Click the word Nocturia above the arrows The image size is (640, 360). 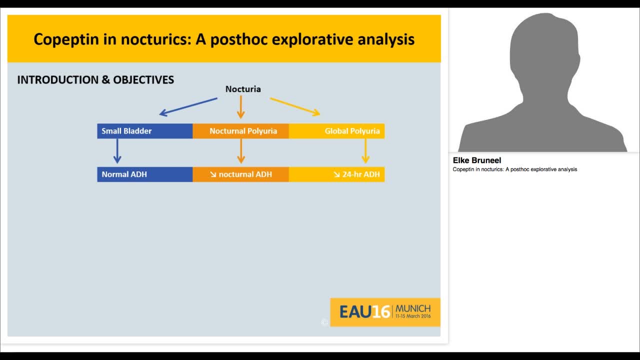243,89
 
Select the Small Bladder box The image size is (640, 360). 144,131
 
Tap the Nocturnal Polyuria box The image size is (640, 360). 241,131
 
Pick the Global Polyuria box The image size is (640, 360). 337,131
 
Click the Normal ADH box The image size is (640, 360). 144,174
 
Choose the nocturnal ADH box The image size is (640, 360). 241,174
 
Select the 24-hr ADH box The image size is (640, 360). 337,174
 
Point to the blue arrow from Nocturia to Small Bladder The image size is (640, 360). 188,106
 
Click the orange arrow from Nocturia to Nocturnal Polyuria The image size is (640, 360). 240,106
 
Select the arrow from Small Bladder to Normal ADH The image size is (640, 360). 117,150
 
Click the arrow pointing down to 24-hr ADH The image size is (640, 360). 365,150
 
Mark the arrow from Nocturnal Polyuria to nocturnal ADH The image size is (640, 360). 241,150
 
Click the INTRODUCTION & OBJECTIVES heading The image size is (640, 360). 95,80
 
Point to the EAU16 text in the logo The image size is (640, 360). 364,312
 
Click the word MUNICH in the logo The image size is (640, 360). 412,308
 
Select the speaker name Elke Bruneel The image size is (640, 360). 477,160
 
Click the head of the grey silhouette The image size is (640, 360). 543,50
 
